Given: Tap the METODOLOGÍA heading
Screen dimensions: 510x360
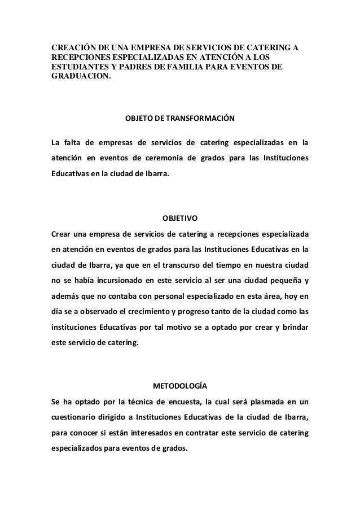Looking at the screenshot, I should click(x=180, y=386).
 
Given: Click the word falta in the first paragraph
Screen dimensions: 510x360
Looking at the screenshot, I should click(x=73, y=141).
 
